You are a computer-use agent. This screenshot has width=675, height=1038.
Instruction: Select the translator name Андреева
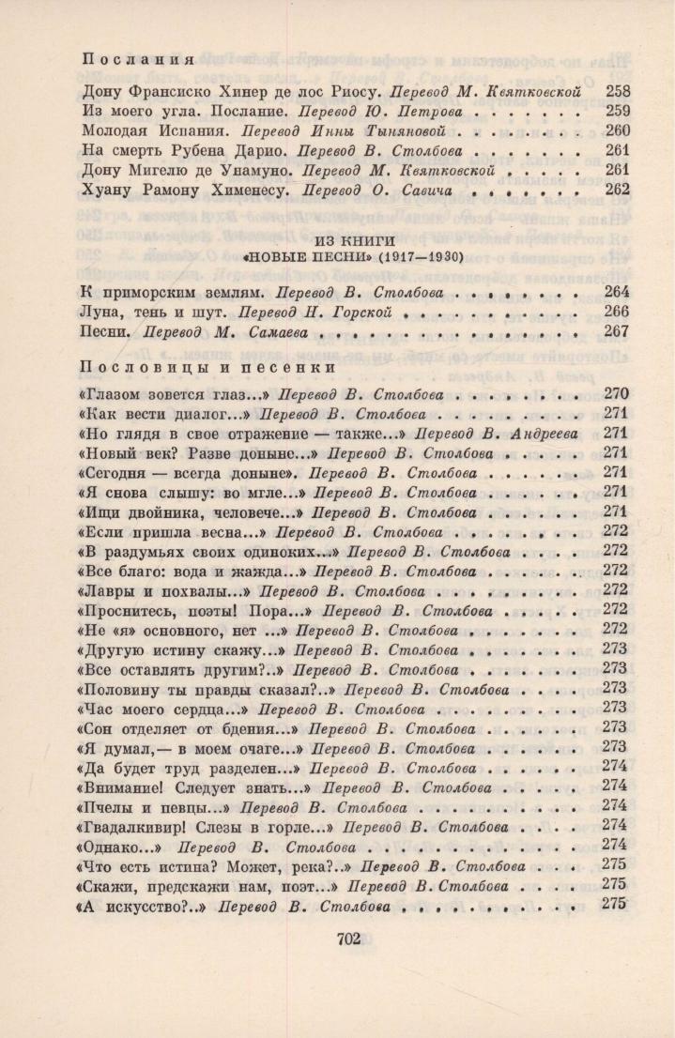(x=542, y=434)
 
